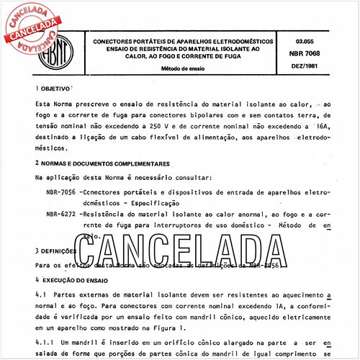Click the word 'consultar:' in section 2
191,178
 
